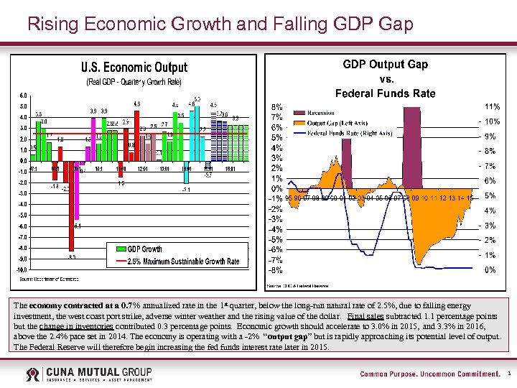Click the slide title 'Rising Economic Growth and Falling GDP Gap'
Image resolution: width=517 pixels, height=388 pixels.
coord(220,24)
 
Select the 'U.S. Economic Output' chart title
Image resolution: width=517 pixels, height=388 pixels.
coord(134,68)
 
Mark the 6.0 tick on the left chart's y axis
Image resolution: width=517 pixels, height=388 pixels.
coord(23,96)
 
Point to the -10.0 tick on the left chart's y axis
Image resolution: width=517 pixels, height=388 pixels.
coord(22,270)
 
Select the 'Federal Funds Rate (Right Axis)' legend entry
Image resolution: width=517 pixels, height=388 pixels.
coord(349,133)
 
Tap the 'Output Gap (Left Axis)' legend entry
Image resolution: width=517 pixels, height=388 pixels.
coord(340,123)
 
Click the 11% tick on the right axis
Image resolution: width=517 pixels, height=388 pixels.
coord(493,106)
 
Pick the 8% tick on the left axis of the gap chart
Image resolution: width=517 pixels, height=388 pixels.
coord(276,106)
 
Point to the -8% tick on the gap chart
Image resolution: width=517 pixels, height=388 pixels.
coord(275,270)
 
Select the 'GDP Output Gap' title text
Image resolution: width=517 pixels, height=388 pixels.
coord(385,65)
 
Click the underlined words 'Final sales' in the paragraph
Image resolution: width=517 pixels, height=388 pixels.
coord(367,315)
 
